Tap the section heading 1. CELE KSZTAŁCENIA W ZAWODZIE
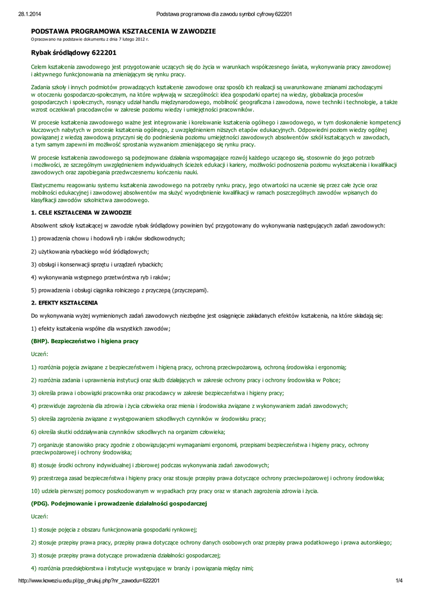pos(81,213)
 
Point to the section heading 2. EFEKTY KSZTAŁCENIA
pos(64,303)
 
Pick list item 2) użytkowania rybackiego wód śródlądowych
pos(90,251)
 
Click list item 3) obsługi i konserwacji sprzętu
pos(96,264)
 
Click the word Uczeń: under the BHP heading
pos(39,354)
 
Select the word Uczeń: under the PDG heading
pos(39,516)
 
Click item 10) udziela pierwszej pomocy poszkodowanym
pos(174,491)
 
